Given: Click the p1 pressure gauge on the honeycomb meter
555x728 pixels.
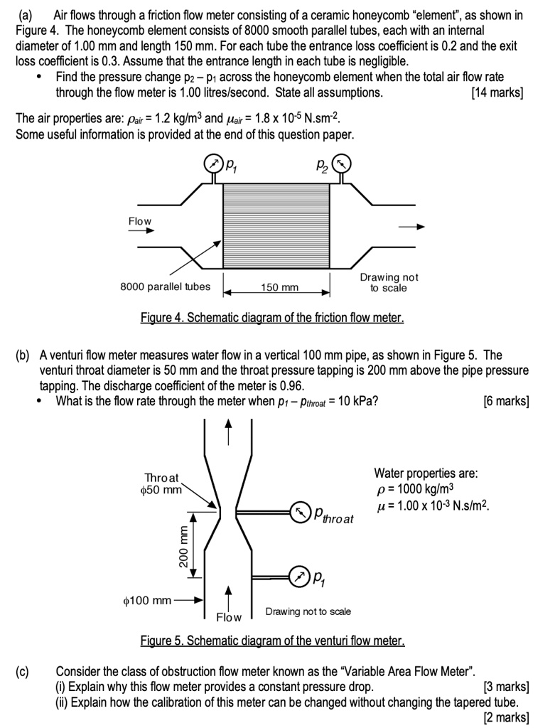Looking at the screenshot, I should pyautogui.click(x=212, y=164).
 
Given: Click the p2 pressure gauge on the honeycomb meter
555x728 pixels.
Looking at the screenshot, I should pyautogui.click(x=342, y=164).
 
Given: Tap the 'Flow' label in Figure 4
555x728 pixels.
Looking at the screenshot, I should pyautogui.click(x=139, y=221).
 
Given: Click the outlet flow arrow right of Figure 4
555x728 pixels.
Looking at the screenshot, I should pyautogui.click(x=411, y=227).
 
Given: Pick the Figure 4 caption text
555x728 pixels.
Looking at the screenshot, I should pyautogui.click(x=271, y=317).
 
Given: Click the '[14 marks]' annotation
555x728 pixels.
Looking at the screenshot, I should pyautogui.click(x=497, y=93).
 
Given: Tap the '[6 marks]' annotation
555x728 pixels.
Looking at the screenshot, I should pyautogui.click(x=505, y=401).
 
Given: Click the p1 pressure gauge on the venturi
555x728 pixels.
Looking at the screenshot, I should pyautogui.click(x=298, y=577).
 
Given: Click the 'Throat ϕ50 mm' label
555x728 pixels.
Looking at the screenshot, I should pyautogui.click(x=163, y=483).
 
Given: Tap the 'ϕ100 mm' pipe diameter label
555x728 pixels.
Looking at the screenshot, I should pyautogui.click(x=148, y=601).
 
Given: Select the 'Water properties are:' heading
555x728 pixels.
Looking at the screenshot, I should pyautogui.click(x=426, y=473).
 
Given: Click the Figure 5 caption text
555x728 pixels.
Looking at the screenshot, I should pyautogui.click(x=271, y=641).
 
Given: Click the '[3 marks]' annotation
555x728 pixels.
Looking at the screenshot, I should pyautogui.click(x=505, y=687).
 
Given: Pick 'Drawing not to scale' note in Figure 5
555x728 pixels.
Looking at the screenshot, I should pyautogui.click(x=308, y=611).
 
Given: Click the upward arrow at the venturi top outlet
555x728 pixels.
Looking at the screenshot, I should pyautogui.click(x=229, y=430).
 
